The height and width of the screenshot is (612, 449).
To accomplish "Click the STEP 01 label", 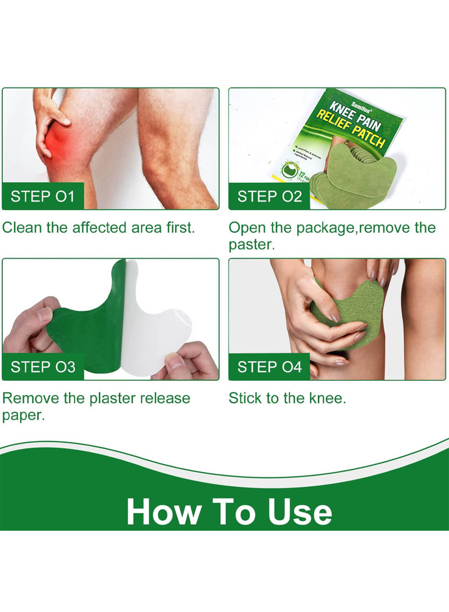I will point(42,196).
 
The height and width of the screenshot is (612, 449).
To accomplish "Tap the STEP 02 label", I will point(269,196).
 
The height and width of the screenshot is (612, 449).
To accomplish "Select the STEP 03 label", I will point(43,367).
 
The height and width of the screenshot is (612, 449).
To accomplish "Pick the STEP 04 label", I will point(269,367).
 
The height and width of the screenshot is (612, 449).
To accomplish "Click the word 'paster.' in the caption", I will point(251,245).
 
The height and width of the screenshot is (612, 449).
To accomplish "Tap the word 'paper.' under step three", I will point(23,415).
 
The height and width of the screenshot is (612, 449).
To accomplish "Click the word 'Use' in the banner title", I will point(300,512).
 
